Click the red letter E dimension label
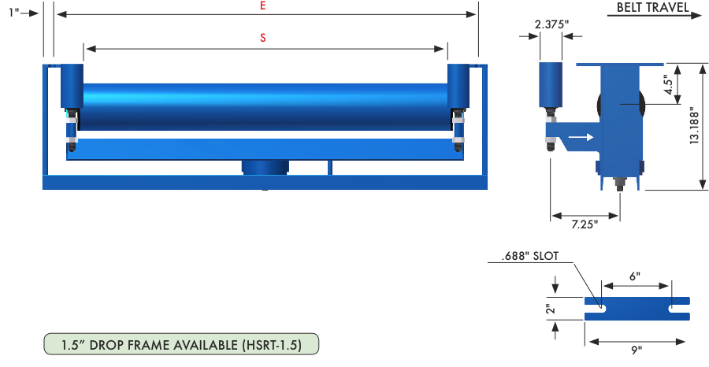[262, 6]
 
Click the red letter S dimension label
[262, 38]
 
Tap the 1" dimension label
[14, 13]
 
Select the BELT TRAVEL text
[652, 7]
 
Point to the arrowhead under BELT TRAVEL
[696, 16]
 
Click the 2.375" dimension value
[551, 24]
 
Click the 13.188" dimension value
[695, 126]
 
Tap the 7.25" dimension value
[585, 224]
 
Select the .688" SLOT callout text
[530, 256]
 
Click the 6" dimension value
[635, 276]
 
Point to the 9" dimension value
[637, 350]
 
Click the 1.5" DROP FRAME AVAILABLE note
[181, 345]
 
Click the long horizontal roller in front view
[265, 107]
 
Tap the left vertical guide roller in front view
[72, 86]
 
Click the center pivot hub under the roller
[265, 167]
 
